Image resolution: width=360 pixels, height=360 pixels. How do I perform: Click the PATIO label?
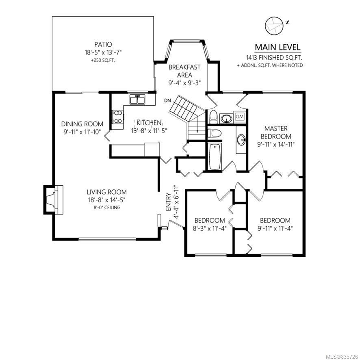[103, 44]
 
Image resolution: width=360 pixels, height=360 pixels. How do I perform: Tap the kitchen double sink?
[137, 100]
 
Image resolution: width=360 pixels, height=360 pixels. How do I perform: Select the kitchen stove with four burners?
[118, 117]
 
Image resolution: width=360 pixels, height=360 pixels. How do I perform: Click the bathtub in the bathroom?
[215, 156]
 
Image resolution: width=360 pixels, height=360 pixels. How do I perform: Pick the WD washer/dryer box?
[240, 116]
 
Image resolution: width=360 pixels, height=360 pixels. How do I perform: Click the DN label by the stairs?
[167, 100]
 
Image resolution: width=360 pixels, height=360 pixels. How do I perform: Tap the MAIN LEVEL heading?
[278, 47]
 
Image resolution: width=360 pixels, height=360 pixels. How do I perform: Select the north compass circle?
[274, 26]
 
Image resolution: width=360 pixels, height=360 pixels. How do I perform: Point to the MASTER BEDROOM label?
[276, 132]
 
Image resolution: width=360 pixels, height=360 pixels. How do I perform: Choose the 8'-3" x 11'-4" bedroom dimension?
[210, 228]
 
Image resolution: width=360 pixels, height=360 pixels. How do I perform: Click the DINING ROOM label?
[82, 124]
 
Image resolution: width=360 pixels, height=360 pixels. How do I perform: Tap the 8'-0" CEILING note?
[107, 208]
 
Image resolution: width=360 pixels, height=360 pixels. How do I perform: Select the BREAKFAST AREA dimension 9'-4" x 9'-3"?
[184, 82]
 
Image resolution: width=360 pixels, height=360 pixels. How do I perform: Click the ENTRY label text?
[168, 202]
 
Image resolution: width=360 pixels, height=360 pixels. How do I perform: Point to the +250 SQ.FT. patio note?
[103, 61]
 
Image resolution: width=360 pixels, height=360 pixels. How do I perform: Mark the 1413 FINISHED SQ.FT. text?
[274, 57]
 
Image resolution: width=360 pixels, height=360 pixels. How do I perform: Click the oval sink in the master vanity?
[241, 140]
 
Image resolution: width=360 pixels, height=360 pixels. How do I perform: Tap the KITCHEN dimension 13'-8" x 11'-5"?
[149, 131]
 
